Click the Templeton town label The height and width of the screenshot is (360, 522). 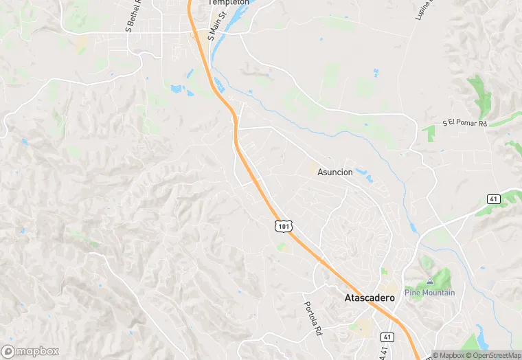229,3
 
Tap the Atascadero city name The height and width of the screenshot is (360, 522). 369,298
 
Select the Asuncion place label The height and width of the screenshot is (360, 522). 334,172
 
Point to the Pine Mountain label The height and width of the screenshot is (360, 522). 430,293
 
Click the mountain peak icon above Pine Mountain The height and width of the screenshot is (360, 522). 430,281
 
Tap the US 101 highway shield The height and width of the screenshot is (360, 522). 284,225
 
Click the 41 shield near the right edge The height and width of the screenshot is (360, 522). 495,199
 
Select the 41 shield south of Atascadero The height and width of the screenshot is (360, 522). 387,337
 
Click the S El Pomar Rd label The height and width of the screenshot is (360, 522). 464,123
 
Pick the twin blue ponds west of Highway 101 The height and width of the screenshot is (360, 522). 177,89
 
